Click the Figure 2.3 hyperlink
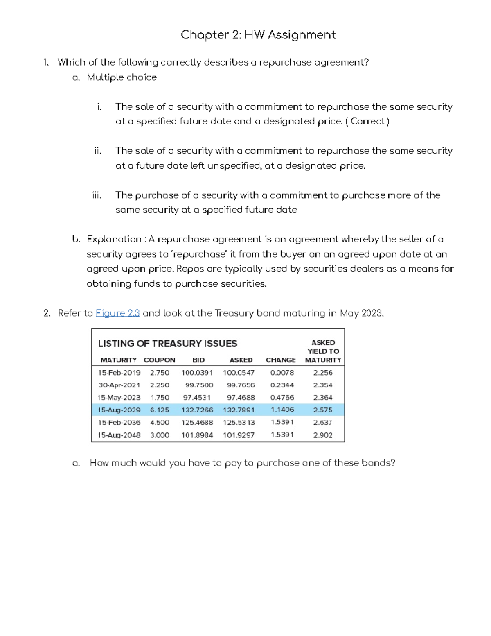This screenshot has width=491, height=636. [117, 313]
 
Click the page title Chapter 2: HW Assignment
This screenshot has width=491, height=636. [258, 35]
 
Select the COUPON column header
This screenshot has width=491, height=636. [159, 360]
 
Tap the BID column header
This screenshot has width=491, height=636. [198, 360]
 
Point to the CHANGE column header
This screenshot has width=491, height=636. [281, 360]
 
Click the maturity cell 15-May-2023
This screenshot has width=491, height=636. [119, 397]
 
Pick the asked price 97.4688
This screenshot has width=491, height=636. [241, 397]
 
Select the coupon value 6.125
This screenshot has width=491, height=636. [160, 410]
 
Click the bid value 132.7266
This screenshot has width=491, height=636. [197, 410]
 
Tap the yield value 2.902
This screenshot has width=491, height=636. [323, 435]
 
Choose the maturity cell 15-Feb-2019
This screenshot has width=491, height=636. [119, 373]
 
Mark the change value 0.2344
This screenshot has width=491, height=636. [282, 385]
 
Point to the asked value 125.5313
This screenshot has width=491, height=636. [239, 422]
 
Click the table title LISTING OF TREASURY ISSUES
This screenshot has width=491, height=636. [168, 344]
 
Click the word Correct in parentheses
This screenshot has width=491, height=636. [368, 121]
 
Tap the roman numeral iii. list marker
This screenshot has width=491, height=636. [97, 195]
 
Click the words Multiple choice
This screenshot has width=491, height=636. [122, 77]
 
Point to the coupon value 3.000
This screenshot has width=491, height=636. [160, 435]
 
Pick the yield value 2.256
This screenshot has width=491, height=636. [323, 373]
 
